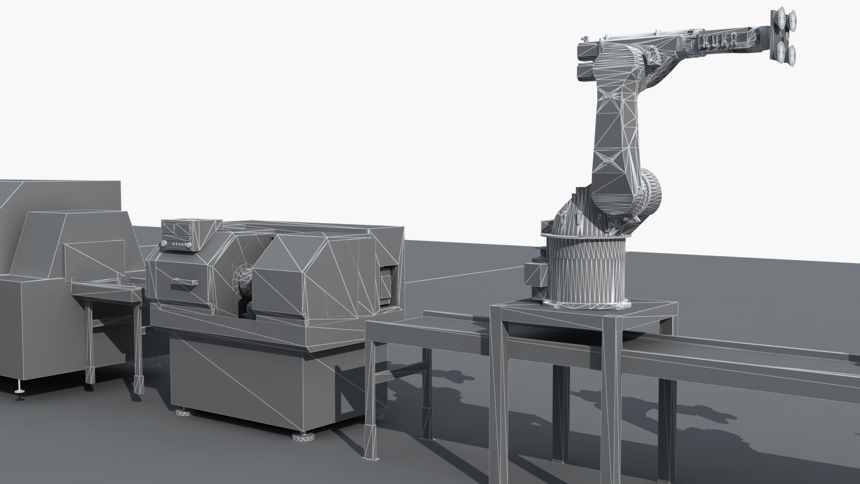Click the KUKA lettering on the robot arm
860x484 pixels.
coord(723,39)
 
